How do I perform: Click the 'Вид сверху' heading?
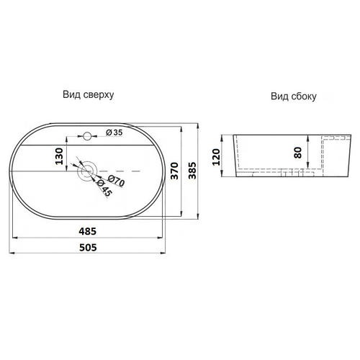point(89,94)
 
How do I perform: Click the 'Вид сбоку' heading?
point(294,96)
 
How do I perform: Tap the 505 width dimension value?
point(88,248)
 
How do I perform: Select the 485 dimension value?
point(88,231)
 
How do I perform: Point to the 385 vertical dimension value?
point(192,171)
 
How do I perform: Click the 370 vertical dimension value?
point(175,171)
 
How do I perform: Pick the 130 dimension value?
point(59,156)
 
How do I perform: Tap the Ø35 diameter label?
point(114,132)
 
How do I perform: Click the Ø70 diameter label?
point(116,181)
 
